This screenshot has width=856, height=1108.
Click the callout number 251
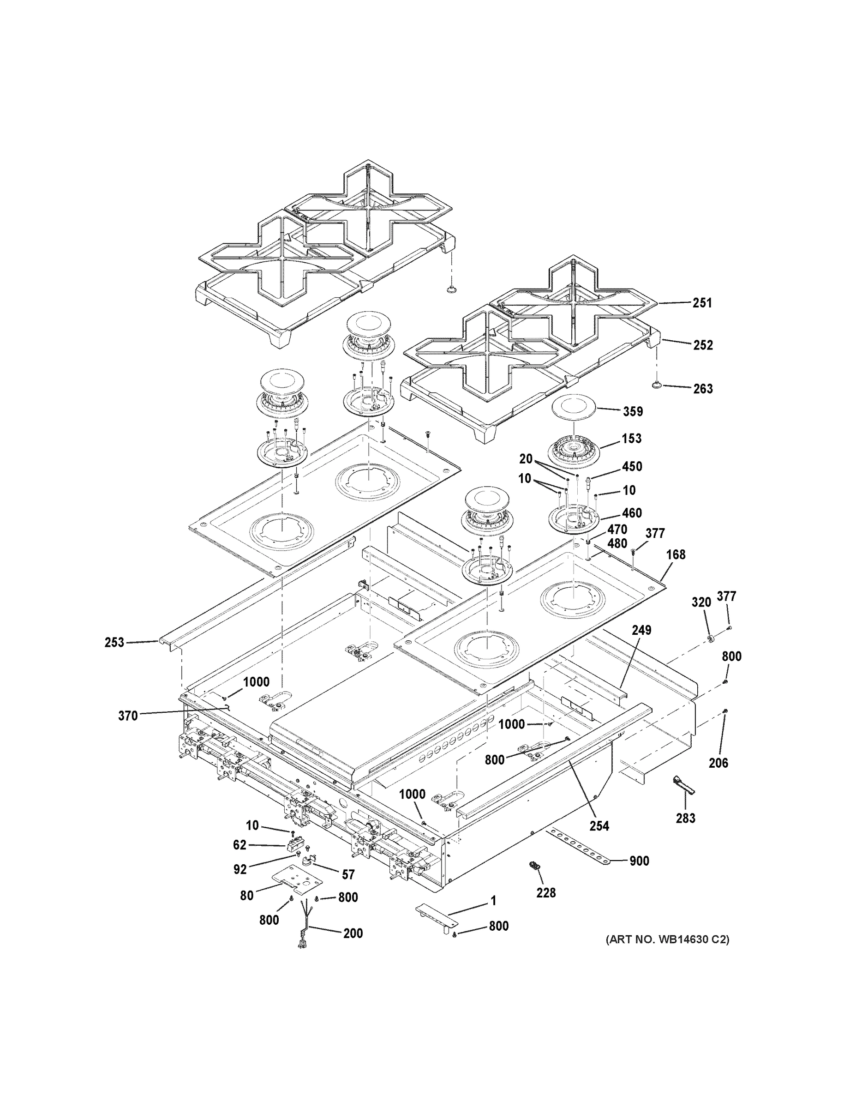pos(702,303)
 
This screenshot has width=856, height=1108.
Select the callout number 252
pos(703,345)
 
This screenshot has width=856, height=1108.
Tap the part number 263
pos(703,389)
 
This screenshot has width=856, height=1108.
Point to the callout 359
pos(633,411)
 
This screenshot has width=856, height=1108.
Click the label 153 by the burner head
pos(632,439)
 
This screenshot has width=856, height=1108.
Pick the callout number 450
pos(632,467)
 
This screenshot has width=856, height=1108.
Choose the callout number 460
pos(632,513)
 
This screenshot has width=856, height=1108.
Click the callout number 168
pos(676,555)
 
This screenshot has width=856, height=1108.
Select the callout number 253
pos(114,643)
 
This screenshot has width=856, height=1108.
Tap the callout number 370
pos(128,716)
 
